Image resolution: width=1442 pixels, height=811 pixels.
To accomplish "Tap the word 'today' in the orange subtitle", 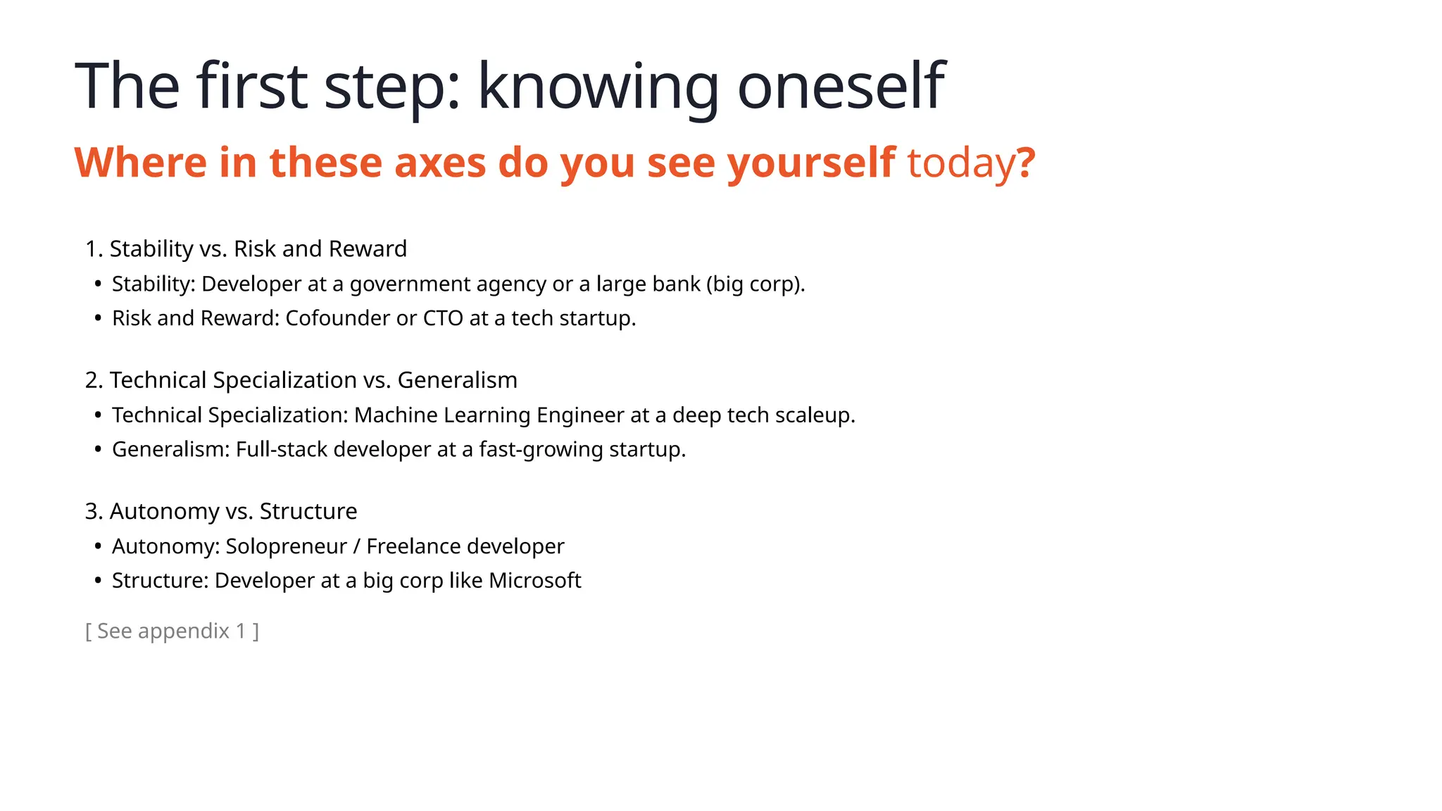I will tap(960, 163).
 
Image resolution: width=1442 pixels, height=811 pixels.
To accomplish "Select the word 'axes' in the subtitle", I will tap(439, 163).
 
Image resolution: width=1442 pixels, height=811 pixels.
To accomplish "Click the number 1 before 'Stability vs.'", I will tap(91, 249).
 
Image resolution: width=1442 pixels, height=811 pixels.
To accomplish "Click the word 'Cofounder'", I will tap(337, 318).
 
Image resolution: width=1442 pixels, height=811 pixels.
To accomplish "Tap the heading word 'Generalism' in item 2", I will tap(457, 380).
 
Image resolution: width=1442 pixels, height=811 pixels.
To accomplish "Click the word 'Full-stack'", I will tap(281, 449).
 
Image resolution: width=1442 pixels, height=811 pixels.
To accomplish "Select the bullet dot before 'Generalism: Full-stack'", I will tap(98, 450).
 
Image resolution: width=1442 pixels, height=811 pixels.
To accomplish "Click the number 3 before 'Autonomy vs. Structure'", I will tap(91, 512).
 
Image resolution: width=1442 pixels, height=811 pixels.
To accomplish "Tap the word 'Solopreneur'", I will tap(286, 546).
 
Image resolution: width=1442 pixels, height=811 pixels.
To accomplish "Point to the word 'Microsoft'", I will tap(534, 581).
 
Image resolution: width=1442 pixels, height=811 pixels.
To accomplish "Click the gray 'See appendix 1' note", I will tap(172, 631).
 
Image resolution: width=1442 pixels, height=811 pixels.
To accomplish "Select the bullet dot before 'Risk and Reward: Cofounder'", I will tap(98, 319).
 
